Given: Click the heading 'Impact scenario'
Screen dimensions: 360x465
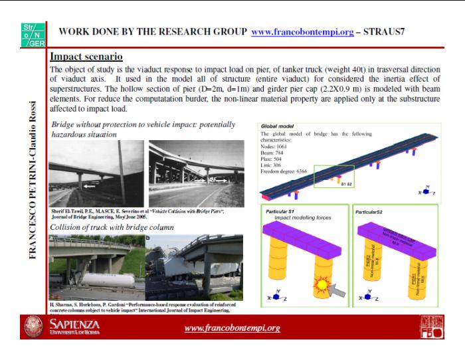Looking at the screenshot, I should click(86, 58).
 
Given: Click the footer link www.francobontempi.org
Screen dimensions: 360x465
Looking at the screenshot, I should click(232, 328).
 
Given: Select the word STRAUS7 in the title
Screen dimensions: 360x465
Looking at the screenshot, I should click(384, 31).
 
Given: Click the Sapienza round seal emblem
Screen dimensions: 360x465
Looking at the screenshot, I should click(33, 327).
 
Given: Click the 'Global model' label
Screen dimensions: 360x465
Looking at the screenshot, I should click(278, 126).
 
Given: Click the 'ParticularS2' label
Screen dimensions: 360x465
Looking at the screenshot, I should click(370, 212).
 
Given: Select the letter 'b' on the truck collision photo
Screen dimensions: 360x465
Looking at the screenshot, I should click(148, 238).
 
